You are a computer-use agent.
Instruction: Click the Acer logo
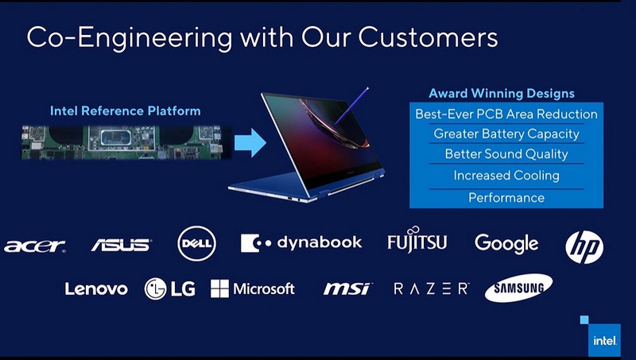click(34, 246)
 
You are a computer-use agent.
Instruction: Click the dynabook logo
click(301, 242)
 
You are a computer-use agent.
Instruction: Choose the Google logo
click(506, 243)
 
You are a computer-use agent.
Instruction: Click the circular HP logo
click(584, 246)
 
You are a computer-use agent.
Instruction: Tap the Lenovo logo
click(96, 288)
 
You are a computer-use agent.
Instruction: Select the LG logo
click(169, 288)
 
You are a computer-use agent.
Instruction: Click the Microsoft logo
click(253, 288)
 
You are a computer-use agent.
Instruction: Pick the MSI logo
click(347, 288)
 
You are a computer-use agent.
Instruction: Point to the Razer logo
click(432, 288)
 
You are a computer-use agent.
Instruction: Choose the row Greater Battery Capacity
click(506, 134)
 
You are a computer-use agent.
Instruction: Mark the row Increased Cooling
click(506, 176)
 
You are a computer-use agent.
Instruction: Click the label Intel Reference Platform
click(126, 110)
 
